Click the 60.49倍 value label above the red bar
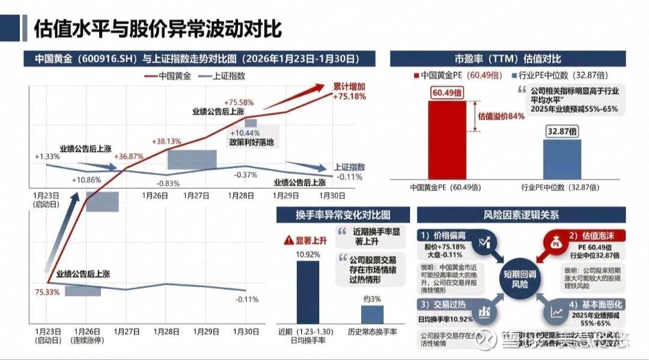click(446, 93)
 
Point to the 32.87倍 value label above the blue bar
click(562, 130)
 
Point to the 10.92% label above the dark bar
click(307, 255)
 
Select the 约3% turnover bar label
click(372, 299)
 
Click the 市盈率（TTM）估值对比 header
click(508, 58)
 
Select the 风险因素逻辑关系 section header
click(520, 215)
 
